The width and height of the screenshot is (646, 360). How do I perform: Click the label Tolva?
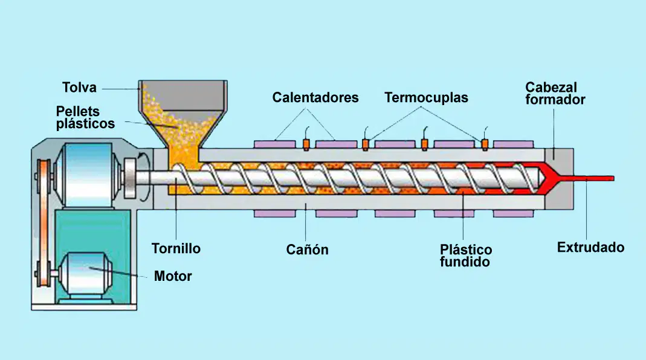pyautogui.click(x=79, y=88)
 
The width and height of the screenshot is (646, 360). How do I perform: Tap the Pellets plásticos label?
pyautogui.click(x=85, y=117)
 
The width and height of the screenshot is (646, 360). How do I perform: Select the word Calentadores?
pyautogui.click(x=315, y=97)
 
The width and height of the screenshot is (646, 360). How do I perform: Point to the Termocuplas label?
pyautogui.click(x=426, y=98)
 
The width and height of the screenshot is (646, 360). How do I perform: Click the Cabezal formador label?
pyautogui.click(x=555, y=94)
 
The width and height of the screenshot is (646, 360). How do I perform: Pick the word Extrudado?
pyautogui.click(x=590, y=247)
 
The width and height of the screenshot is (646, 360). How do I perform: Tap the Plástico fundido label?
pyautogui.click(x=465, y=256)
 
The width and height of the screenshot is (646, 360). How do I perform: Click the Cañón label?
pyautogui.click(x=308, y=249)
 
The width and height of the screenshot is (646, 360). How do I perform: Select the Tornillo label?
pyautogui.click(x=176, y=248)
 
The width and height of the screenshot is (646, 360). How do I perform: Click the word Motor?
pyautogui.click(x=173, y=276)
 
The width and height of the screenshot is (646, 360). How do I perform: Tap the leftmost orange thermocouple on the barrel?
pyautogui.click(x=306, y=144)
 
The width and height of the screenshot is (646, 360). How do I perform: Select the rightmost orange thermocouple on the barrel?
pyautogui.click(x=485, y=144)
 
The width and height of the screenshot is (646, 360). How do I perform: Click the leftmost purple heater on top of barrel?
pyautogui.click(x=274, y=144)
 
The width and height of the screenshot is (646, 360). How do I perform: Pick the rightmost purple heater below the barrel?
pyautogui.click(x=513, y=214)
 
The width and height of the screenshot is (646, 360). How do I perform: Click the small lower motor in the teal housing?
pyautogui.click(x=85, y=273)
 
